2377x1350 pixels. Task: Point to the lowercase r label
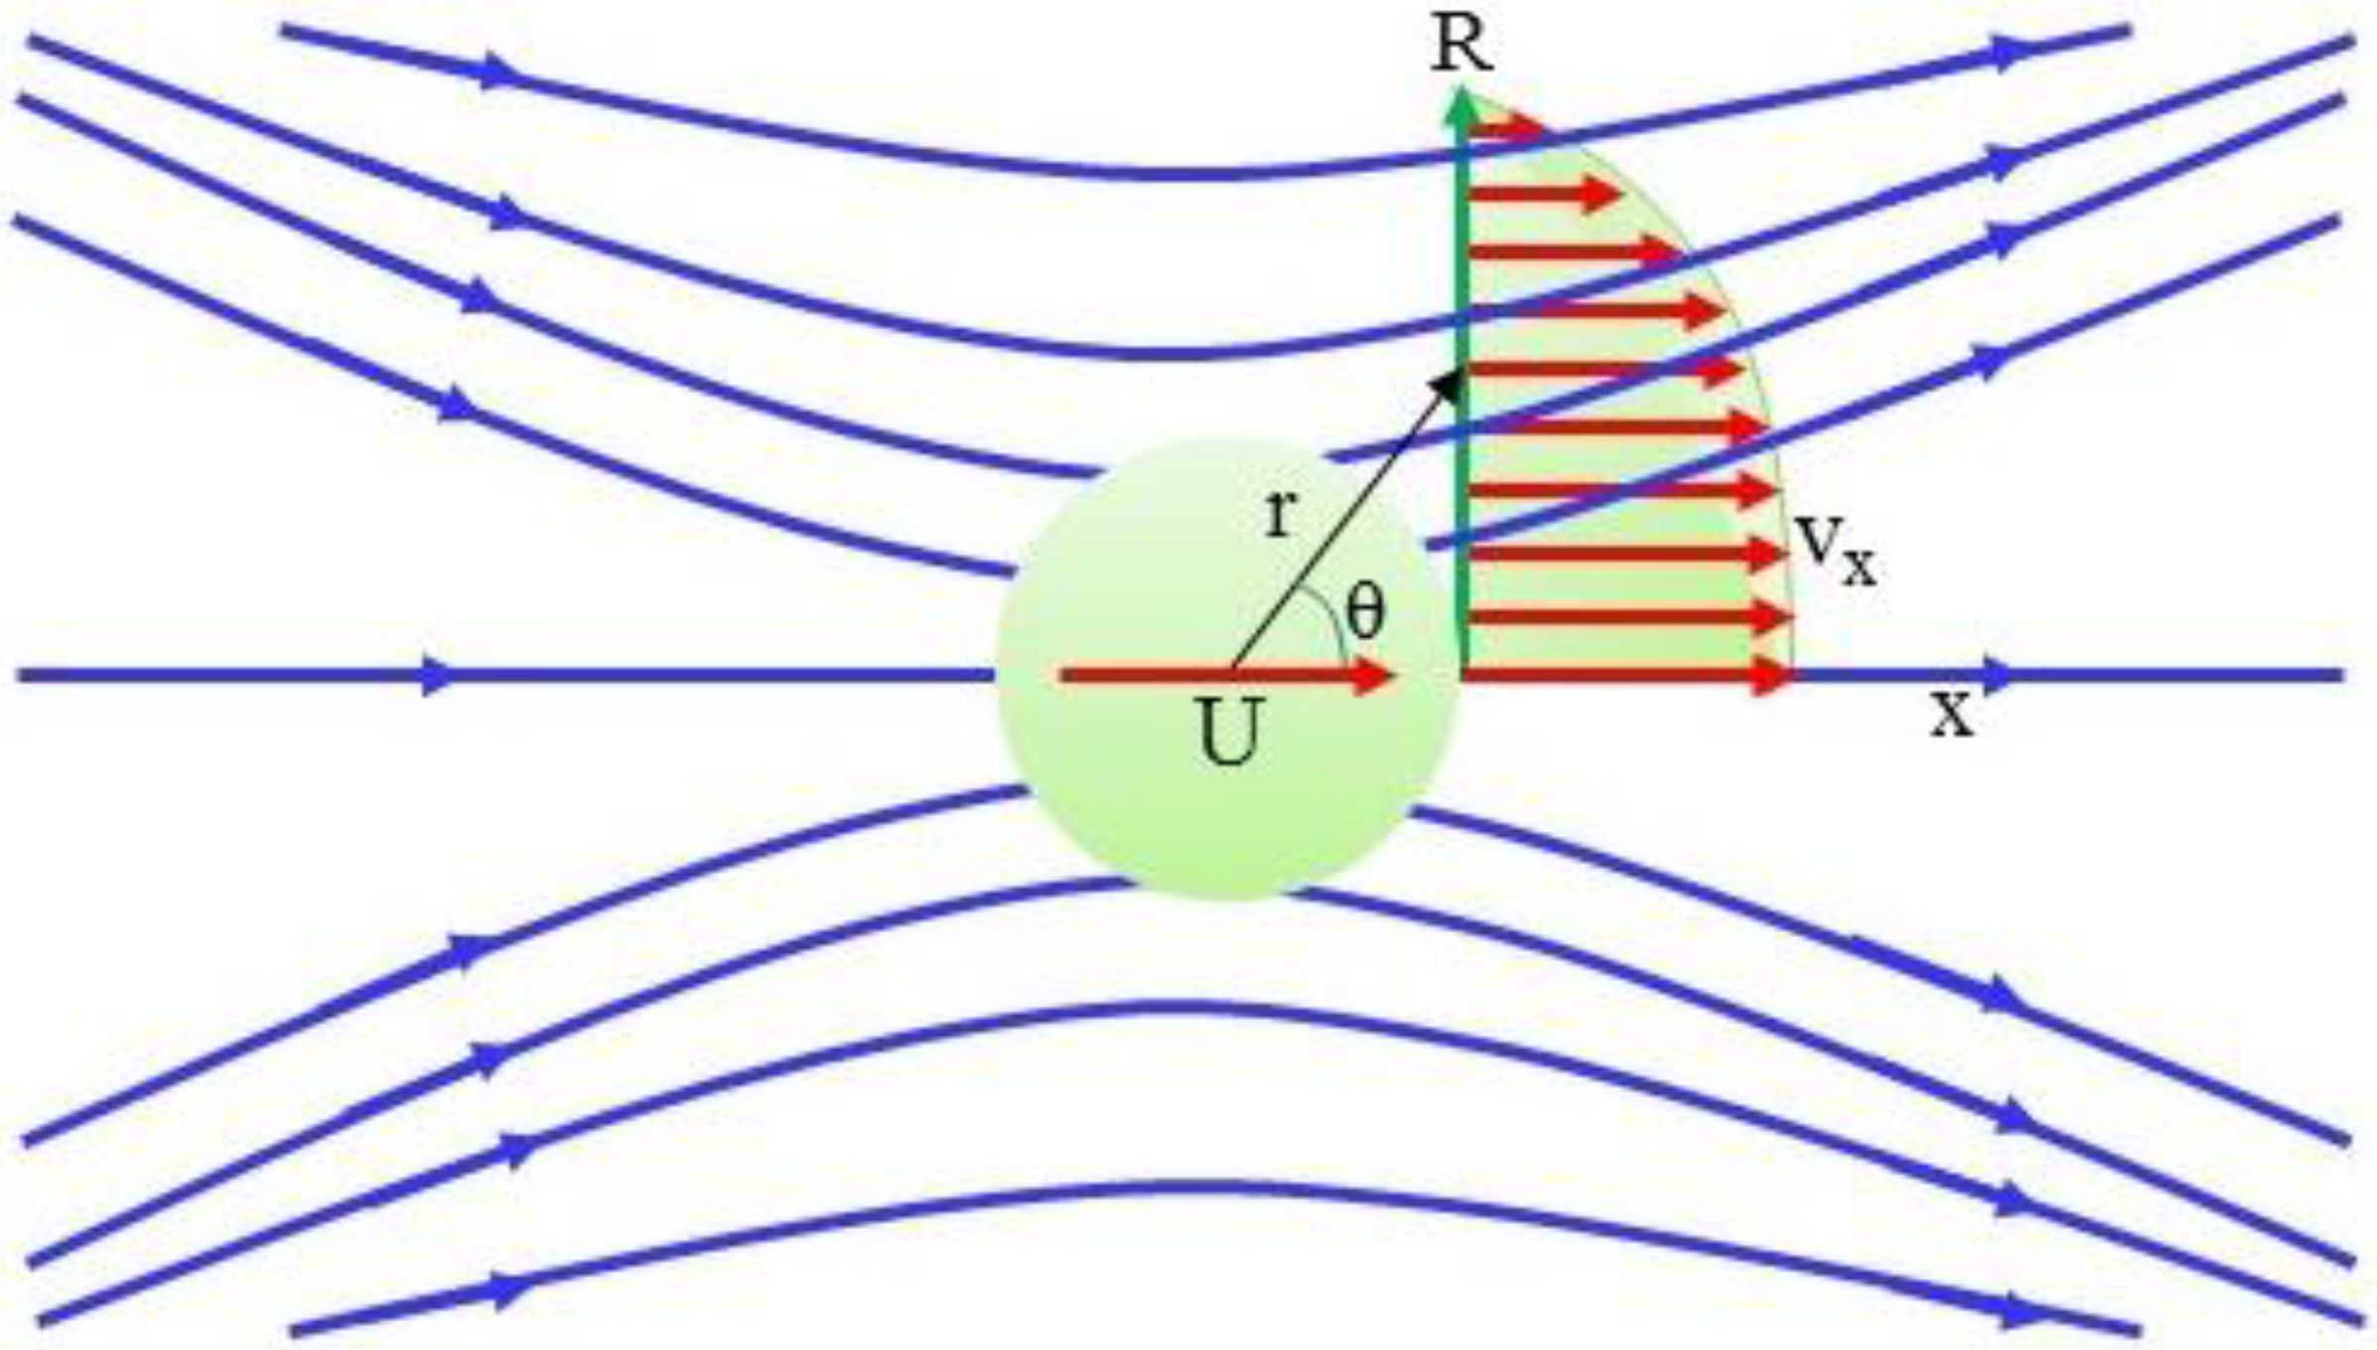point(1280,514)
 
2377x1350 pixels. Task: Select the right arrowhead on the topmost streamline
point(2013,52)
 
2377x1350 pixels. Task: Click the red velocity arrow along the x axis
point(1626,677)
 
